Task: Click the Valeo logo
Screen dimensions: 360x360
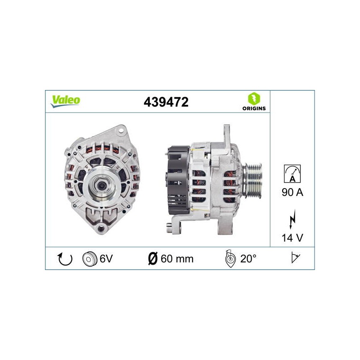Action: click(x=65, y=101)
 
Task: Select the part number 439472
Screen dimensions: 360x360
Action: click(x=166, y=102)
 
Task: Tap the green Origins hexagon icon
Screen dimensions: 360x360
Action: click(x=254, y=99)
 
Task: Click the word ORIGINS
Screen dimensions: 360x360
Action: click(x=254, y=108)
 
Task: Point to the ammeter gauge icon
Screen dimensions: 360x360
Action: click(x=292, y=174)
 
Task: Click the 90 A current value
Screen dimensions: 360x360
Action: click(x=292, y=192)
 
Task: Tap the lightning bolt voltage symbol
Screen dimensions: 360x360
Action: click(x=292, y=219)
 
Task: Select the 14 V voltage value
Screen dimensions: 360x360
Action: click(x=292, y=238)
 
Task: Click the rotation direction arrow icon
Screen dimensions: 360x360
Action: click(x=65, y=259)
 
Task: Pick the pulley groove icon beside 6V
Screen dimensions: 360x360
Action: click(x=89, y=259)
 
